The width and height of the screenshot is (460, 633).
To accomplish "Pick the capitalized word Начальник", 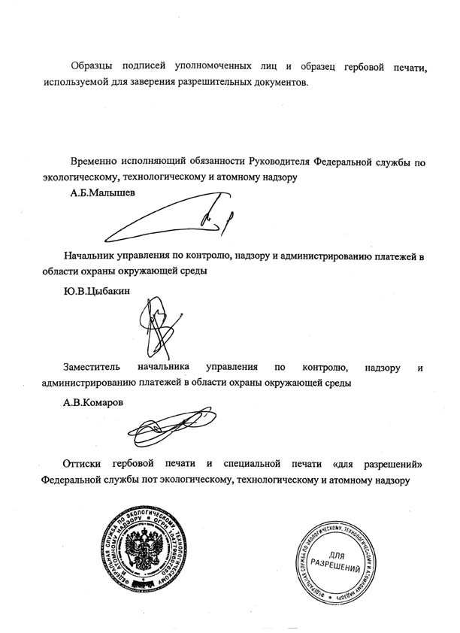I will coord(89,256).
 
